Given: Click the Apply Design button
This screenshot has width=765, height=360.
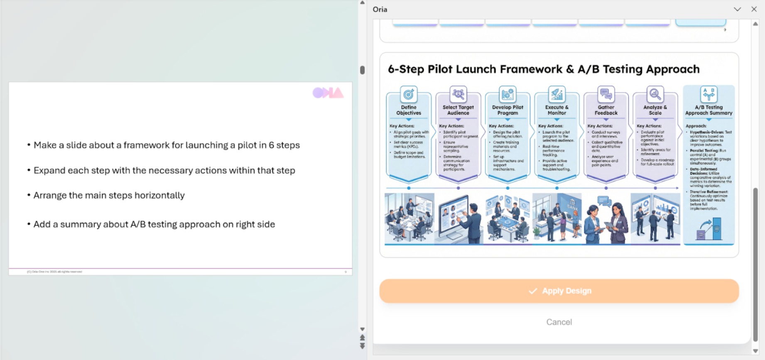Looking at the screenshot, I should [559, 291].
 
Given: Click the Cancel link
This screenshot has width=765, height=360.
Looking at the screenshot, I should [559, 322].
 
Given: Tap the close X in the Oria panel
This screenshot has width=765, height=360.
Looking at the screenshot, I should [754, 9].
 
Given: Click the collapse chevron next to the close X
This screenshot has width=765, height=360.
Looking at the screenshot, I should [737, 9].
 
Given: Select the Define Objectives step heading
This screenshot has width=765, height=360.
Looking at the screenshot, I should [409, 110].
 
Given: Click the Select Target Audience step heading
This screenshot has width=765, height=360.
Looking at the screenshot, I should [458, 110].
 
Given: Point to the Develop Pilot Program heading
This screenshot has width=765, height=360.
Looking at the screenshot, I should [508, 110].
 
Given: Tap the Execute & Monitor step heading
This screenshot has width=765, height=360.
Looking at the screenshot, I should [557, 110].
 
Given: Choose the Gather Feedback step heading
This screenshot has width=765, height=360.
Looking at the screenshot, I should [606, 110].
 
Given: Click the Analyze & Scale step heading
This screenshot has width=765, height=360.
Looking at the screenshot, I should [655, 110].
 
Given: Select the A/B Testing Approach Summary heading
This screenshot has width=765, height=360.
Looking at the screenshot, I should [709, 110].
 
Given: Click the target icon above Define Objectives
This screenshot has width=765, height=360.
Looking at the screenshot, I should [409, 94].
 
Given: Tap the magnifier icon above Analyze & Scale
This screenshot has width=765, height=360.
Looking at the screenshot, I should [655, 94].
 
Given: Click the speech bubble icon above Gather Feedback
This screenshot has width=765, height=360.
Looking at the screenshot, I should [606, 94].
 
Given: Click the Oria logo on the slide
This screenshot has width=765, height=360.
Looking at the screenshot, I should [328, 93].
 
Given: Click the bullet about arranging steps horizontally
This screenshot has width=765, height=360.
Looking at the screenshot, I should [109, 195].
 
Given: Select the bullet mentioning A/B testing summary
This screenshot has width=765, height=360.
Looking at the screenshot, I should [154, 224].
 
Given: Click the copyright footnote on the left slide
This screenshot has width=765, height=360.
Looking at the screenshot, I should [54, 272].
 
